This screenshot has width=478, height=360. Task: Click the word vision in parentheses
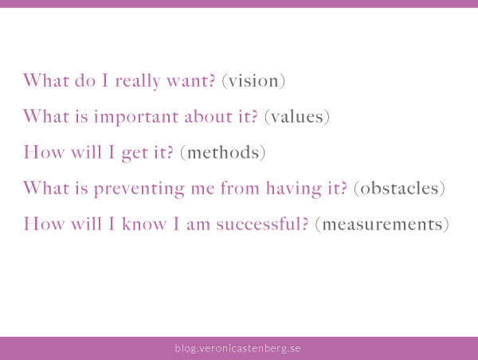pyautogui.click(x=253, y=81)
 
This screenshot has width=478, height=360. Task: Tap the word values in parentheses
pyautogui.click(x=297, y=116)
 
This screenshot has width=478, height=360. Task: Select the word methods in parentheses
pyautogui.click(x=223, y=152)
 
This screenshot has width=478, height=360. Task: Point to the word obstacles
pyautogui.click(x=399, y=188)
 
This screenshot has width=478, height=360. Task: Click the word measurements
pyautogui.click(x=382, y=224)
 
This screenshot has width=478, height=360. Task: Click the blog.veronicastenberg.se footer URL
pyautogui.click(x=237, y=348)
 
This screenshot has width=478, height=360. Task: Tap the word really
pyautogui.click(x=138, y=82)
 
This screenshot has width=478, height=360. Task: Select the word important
pyautogui.click(x=136, y=118)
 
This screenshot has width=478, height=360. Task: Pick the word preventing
pyautogui.click(x=139, y=189)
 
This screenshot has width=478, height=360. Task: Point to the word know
pyautogui.click(x=144, y=224)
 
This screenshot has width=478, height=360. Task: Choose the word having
pyautogui.click(x=293, y=189)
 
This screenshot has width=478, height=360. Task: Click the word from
pyautogui.click(x=240, y=187)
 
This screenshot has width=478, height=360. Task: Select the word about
pyautogui.click(x=208, y=116)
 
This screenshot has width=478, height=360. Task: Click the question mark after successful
pyautogui.click(x=305, y=224)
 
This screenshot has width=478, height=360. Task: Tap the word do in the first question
pyautogui.click(x=85, y=80)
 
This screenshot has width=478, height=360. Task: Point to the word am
pyautogui.click(x=198, y=225)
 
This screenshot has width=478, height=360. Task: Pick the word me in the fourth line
pyautogui.click(x=202, y=190)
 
